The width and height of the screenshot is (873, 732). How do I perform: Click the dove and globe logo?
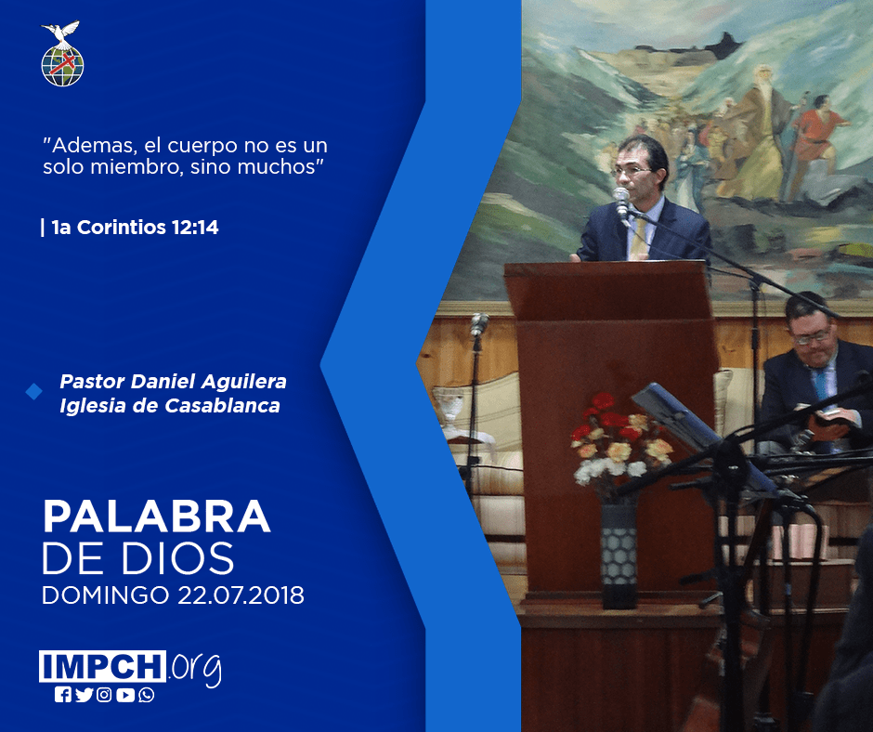click(62, 54)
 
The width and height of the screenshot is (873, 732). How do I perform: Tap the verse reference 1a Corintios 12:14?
click(135, 228)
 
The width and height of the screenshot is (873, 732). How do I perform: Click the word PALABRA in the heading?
click(156, 517)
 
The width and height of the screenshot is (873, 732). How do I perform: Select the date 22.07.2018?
click(241, 595)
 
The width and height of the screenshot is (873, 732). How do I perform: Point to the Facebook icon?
click(62, 695)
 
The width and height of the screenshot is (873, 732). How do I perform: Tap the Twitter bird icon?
click(84, 695)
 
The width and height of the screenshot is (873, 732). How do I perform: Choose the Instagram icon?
click(104, 695)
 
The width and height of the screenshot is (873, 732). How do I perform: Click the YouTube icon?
click(125, 695)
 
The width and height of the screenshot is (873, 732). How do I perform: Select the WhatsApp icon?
click(147, 695)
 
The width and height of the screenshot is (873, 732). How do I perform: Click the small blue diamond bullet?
click(34, 392)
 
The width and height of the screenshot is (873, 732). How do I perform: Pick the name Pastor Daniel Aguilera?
click(173, 382)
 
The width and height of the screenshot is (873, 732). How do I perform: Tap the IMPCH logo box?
click(102, 666)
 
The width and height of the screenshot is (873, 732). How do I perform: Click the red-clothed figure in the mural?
click(816, 138)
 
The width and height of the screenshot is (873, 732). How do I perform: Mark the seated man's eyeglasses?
click(812, 337)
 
